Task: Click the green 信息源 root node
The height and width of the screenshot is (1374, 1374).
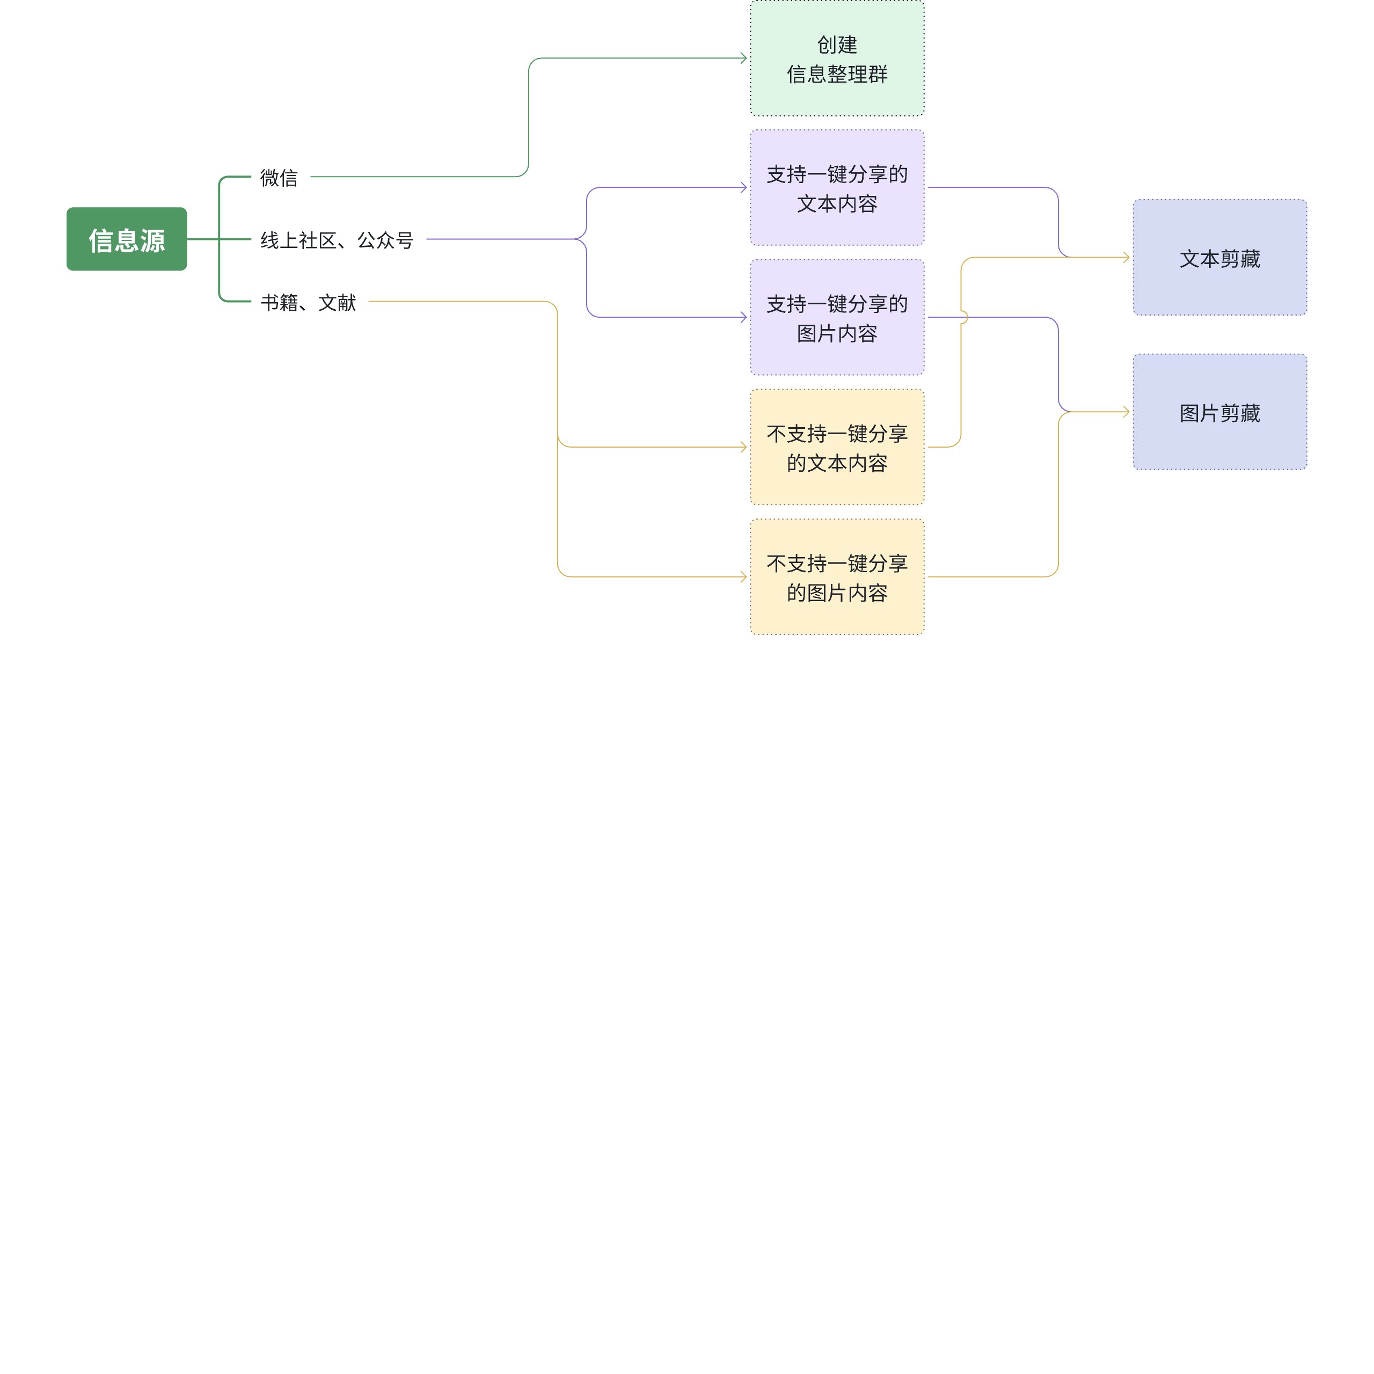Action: pyautogui.click(x=127, y=239)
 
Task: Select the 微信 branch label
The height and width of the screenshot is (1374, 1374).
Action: pyautogui.click(x=279, y=177)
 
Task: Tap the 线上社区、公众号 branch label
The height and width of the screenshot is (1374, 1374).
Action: pyautogui.click(x=337, y=240)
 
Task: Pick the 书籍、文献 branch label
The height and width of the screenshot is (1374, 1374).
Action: pyautogui.click(x=308, y=302)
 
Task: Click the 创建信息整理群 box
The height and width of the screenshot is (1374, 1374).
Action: pyautogui.click(x=837, y=59)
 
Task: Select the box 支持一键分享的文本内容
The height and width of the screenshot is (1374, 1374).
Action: pyautogui.click(x=837, y=188)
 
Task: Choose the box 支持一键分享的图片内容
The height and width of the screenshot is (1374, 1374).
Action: pyautogui.click(x=837, y=317)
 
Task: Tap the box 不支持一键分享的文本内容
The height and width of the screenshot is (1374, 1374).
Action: pyautogui.click(x=837, y=447)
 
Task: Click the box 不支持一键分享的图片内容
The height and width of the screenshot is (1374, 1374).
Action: pyautogui.click(x=837, y=577)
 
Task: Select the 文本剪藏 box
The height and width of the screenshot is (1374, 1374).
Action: pyautogui.click(x=1219, y=258)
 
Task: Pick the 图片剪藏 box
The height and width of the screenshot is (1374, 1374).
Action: pyautogui.click(x=1219, y=412)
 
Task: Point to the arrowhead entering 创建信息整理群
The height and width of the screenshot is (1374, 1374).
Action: pyautogui.click(x=744, y=59)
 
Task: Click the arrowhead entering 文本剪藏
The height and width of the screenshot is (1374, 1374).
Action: pyautogui.click(x=1127, y=258)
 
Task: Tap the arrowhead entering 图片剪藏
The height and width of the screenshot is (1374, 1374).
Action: pyautogui.click(x=1127, y=412)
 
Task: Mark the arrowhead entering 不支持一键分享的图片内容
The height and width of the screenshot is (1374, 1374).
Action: pyautogui.click(x=744, y=577)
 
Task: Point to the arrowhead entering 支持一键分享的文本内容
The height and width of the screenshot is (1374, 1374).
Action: pyautogui.click(x=744, y=188)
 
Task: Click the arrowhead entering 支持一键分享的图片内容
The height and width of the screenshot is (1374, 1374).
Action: pyautogui.click(x=744, y=317)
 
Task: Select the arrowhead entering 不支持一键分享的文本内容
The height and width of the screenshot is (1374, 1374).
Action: pyautogui.click(x=744, y=447)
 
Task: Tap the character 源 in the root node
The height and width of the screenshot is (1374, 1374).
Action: pyautogui.click(x=153, y=240)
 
